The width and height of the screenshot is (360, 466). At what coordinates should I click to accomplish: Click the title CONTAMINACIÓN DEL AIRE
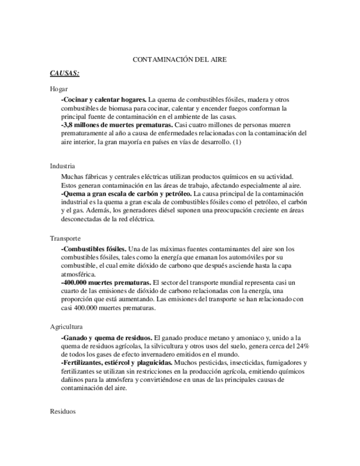[x=180, y=59]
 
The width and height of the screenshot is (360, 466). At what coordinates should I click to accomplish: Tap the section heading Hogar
[x=58, y=88]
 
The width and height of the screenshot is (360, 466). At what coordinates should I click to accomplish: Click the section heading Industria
[x=62, y=165]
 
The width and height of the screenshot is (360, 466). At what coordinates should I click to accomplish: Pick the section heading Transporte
[x=65, y=238]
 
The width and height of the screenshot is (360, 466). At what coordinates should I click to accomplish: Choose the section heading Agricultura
[x=66, y=326]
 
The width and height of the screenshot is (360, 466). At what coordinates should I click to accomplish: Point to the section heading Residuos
[x=62, y=411]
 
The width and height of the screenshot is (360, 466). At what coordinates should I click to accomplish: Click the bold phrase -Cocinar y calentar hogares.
[x=104, y=99]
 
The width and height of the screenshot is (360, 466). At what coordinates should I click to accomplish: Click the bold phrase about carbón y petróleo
[x=126, y=194]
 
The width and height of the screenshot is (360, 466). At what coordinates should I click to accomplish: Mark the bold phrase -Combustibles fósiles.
[x=94, y=249]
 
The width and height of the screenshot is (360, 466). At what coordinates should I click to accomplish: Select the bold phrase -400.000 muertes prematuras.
[x=106, y=282]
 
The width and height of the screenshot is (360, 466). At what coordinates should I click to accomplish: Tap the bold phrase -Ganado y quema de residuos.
[x=107, y=337]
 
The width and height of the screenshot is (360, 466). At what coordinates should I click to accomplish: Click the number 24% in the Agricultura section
[x=302, y=346]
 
